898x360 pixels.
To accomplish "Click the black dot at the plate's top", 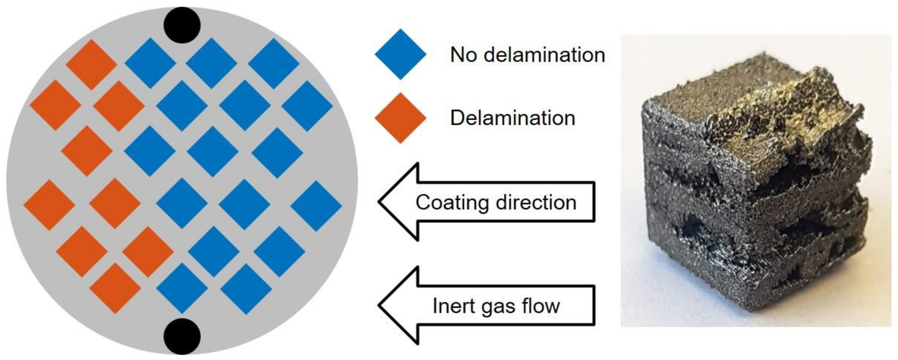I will tap(182, 25).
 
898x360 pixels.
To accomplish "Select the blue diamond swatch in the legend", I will tap(400, 54).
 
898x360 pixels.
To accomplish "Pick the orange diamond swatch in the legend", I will tap(400, 118).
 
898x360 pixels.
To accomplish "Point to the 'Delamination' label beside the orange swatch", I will tap(512, 118).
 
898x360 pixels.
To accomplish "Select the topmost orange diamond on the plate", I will tap(91, 65).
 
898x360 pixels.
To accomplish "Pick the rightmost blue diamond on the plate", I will tap(316, 206).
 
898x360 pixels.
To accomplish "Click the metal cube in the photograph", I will tap(753, 195).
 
